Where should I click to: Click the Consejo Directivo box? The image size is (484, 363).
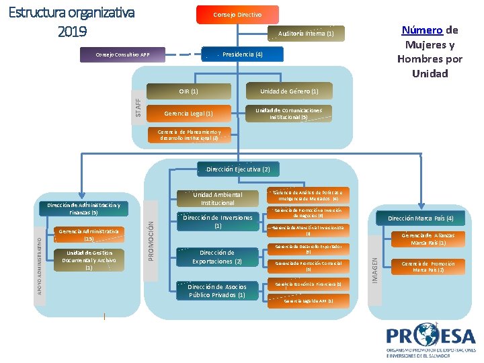pyautogui.click(x=237, y=14)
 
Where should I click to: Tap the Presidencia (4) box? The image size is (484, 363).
pyautogui.click(x=242, y=54)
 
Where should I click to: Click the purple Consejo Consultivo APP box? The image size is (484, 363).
pyautogui.click(x=122, y=54)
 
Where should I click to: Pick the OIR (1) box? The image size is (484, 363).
pyautogui.click(x=189, y=91)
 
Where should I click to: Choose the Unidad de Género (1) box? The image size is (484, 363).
pyautogui.click(x=289, y=91)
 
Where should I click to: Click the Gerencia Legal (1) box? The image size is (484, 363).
pyautogui.click(x=189, y=114)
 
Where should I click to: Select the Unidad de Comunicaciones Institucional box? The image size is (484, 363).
pyautogui.click(x=289, y=114)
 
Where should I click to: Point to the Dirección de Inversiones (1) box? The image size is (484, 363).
pyautogui.click(x=218, y=222)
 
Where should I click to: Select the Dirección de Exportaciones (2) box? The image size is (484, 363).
pyautogui.click(x=212, y=257)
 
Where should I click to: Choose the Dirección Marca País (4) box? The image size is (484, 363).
pyautogui.click(x=420, y=218)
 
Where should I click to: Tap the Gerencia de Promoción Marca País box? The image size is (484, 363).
pyautogui.click(x=428, y=266)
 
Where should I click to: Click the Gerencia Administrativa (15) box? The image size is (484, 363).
pyautogui.click(x=89, y=235)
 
